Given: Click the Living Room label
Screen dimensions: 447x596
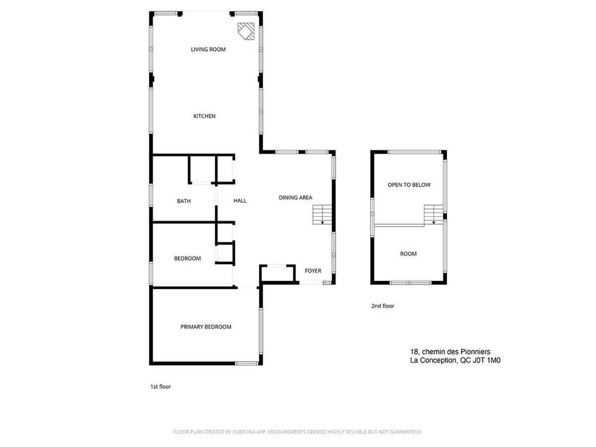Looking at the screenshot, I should tap(208, 49).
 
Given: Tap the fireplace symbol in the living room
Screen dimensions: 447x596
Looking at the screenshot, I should tap(245, 31).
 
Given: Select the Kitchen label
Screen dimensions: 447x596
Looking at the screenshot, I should tap(204, 116).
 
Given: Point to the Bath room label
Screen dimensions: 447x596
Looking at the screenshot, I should tap(184, 201).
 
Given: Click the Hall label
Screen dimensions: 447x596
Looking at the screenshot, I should tap(240, 201).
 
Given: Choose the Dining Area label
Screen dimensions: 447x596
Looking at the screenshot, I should tap(296, 198).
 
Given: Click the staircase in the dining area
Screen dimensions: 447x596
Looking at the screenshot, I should tap(321, 215).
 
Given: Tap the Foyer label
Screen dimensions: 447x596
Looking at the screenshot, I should tap(313, 271).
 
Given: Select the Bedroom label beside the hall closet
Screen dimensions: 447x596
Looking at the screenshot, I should tap(187, 258).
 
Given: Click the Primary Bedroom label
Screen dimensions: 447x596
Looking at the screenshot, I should tap(206, 327).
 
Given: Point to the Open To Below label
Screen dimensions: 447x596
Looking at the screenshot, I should tap(409, 185).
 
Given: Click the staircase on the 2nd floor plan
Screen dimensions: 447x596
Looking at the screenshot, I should tap(433, 215).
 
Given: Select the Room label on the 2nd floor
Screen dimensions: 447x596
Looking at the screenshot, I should tap(408, 254).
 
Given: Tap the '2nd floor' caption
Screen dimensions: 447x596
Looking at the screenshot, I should tap(382, 306).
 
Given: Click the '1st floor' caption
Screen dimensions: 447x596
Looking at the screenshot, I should tap(160, 386).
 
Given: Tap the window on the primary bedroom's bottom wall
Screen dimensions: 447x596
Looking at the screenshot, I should tap(246, 364).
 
